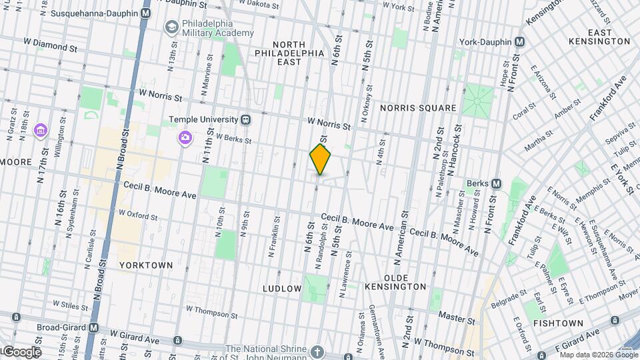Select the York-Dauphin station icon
[x=520, y=41]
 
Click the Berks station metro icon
[x=496, y=183]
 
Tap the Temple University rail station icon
[x=246, y=120]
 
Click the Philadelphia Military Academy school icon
[x=172, y=27]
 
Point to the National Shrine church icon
[x=318, y=351]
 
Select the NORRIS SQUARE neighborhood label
[x=418, y=108]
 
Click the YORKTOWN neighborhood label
[x=146, y=265]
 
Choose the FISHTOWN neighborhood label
[x=558, y=323]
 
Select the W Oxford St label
[x=138, y=217]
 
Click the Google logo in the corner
[x=21, y=352]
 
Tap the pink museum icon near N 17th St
[x=40, y=129]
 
